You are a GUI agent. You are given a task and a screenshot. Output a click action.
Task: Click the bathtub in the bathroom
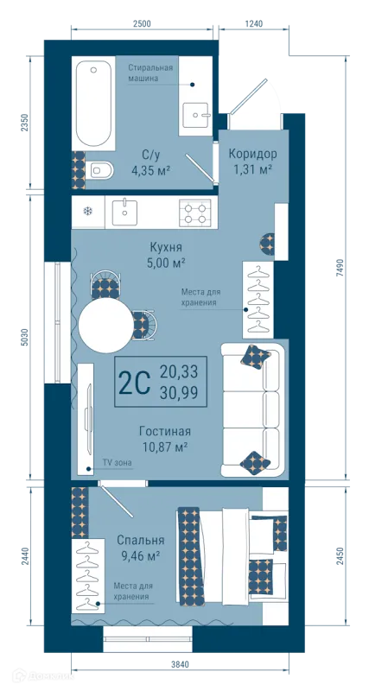pos(93,104)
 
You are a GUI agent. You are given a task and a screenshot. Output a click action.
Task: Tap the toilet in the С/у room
pos(99,169)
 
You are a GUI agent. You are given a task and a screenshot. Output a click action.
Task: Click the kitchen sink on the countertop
pos(125,212)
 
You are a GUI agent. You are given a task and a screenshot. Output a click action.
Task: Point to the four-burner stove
pos(195,212)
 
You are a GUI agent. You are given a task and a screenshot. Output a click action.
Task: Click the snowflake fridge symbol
pos(88,211)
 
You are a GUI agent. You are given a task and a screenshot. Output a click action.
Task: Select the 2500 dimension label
pos(142,24)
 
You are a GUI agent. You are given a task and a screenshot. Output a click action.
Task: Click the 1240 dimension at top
pos(253,24)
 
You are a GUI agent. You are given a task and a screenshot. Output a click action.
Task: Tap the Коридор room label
pos(252,154)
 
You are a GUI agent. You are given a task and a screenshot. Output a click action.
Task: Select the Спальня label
pos(141,541)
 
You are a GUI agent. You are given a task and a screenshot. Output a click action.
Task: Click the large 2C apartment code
pos(135,383)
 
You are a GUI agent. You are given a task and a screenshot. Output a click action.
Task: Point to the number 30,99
pos(179,391)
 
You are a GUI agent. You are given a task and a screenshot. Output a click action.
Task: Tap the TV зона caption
pos(118,462)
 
